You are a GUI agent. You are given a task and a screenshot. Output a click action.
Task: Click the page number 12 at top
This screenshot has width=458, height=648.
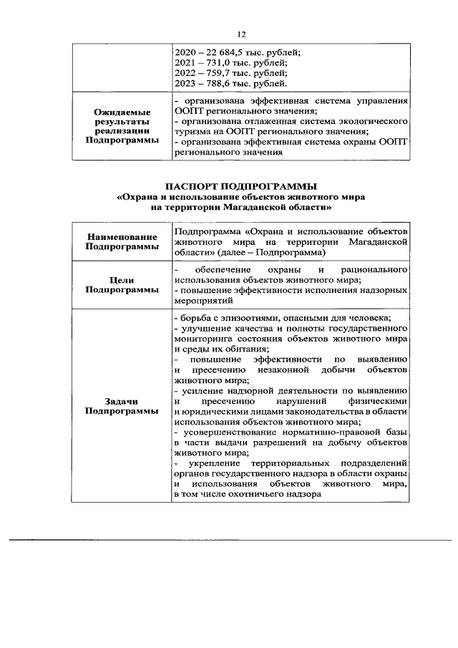tap(241, 34)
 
